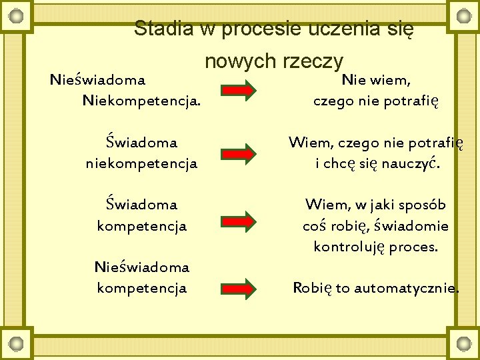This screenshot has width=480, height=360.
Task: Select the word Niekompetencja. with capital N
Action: [141, 102]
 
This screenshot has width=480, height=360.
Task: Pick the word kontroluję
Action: [349, 247]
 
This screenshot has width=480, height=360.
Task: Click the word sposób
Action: [423, 204]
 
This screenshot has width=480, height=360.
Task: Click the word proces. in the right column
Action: [414, 247]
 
